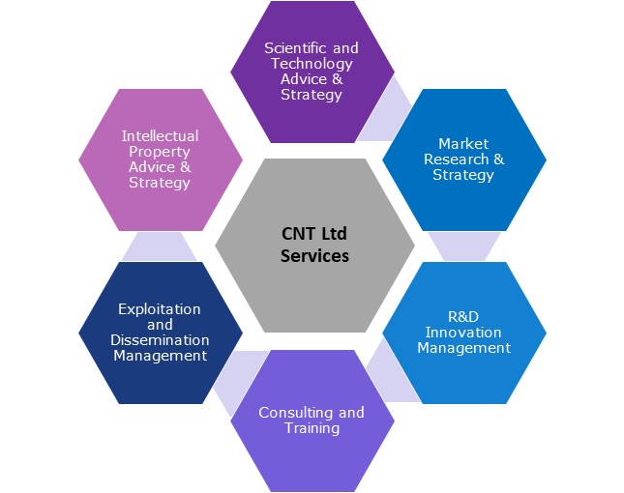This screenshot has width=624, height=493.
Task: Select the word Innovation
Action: point(464,332)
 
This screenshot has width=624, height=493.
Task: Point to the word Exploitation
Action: point(160,309)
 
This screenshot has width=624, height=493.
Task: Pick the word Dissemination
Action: point(161,340)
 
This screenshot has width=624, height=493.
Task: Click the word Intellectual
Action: point(161,135)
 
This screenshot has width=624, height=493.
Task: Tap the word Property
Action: point(161,152)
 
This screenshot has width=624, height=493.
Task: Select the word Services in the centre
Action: point(314,256)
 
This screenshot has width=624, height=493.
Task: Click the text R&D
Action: point(464,316)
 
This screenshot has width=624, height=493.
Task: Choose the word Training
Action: point(312,428)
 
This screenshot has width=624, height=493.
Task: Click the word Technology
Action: point(305,64)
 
